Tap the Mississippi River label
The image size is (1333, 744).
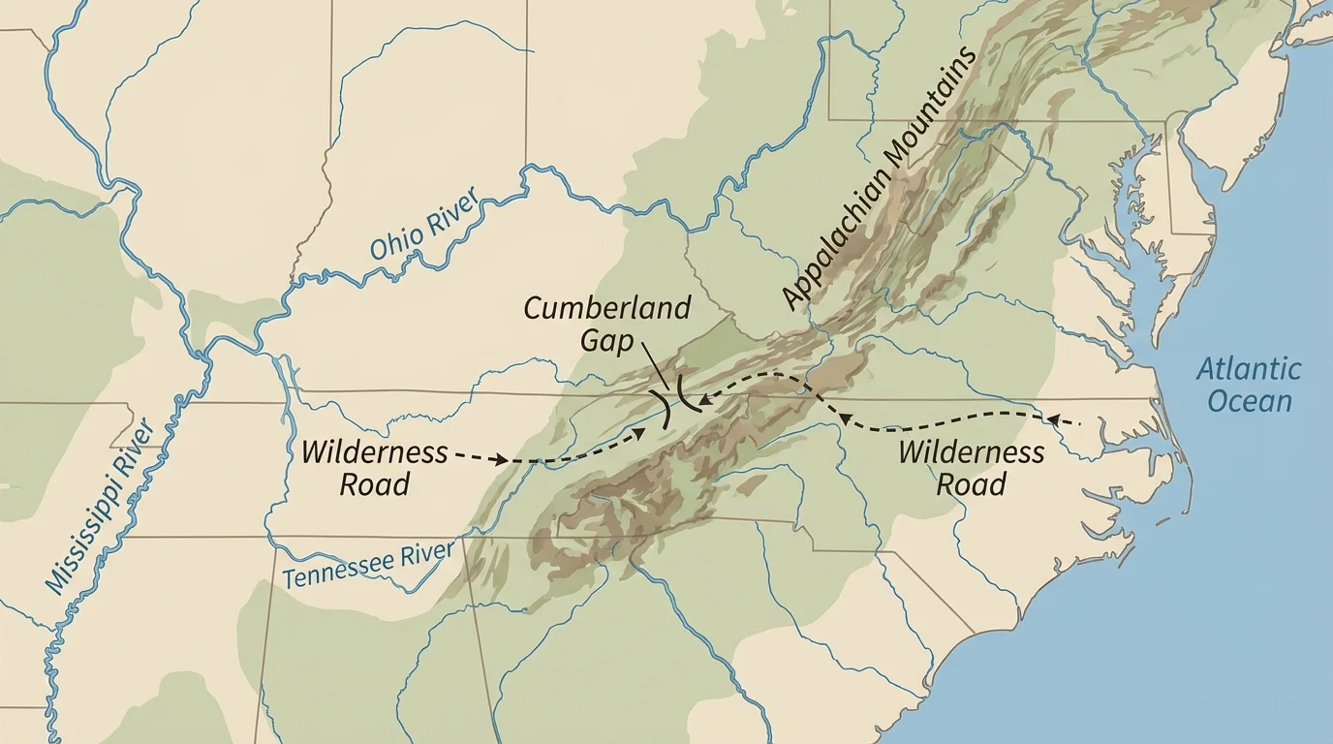point(101,506)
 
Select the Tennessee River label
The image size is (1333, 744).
point(368,565)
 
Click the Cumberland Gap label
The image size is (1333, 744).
point(606,324)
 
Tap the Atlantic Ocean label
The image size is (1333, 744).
point(1248,385)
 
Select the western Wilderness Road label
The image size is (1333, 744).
point(374,468)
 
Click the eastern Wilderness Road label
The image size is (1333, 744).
point(971,468)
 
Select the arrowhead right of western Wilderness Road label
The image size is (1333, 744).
point(501,460)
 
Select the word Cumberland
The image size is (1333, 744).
point(606,309)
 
